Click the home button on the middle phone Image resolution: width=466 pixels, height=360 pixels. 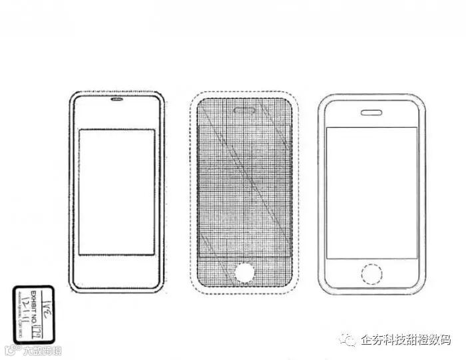click(244, 272)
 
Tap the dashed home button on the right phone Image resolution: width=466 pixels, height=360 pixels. click(371, 273)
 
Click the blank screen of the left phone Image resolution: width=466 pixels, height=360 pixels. click(117, 192)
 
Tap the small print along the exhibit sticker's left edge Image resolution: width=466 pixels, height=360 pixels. click(18, 315)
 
